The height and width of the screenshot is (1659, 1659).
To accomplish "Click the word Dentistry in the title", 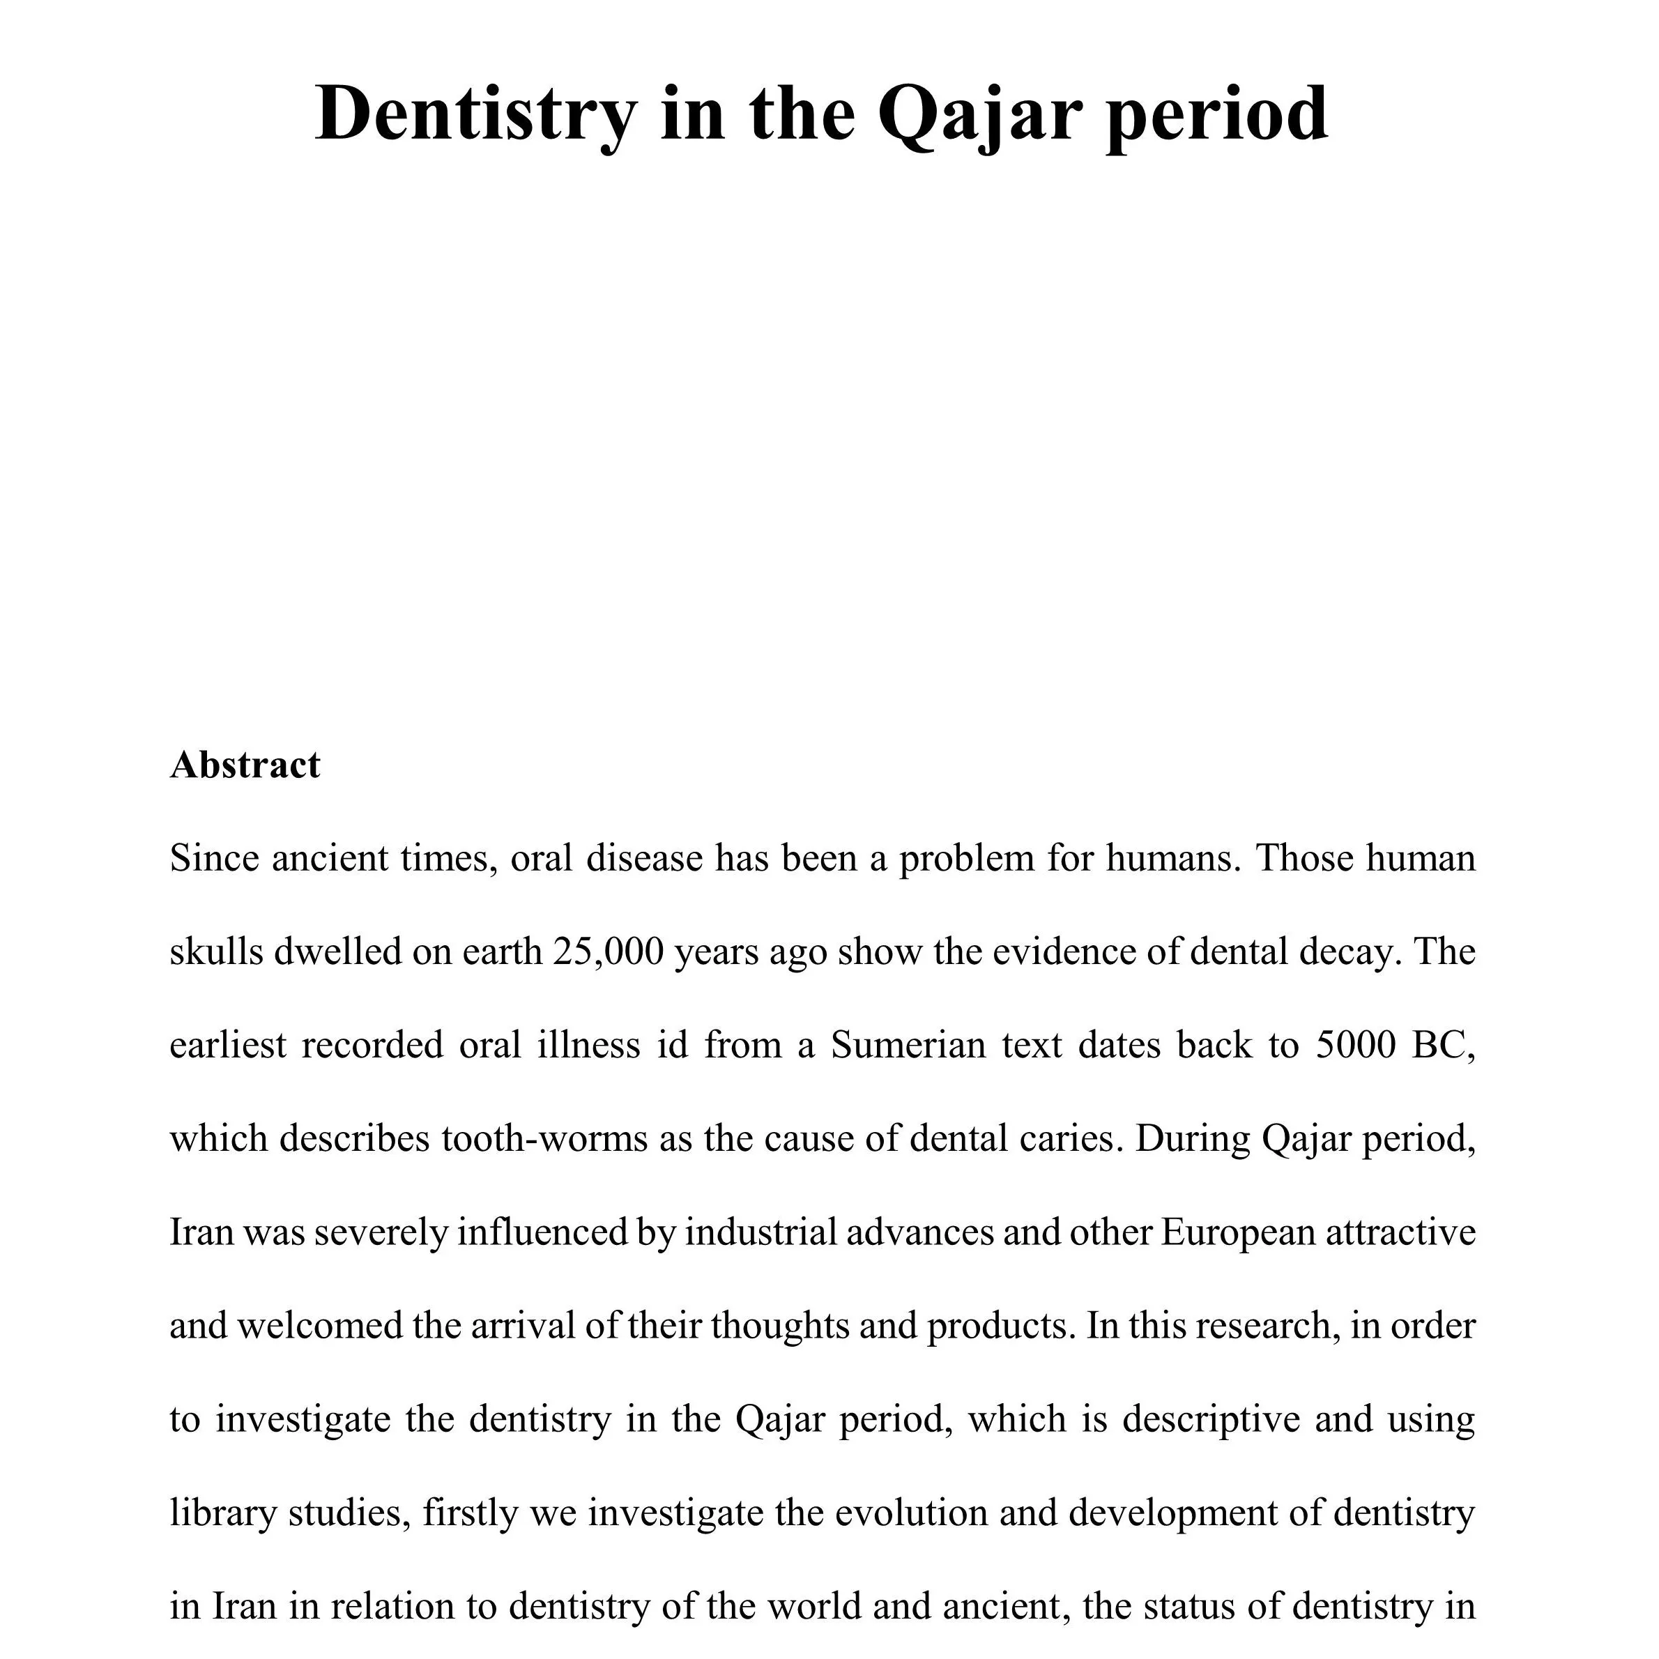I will click(x=477, y=114).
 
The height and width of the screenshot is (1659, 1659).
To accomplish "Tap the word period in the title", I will click(x=1217, y=114).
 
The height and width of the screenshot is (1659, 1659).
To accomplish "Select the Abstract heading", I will click(x=245, y=765).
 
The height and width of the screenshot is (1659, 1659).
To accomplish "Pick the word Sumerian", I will click(x=908, y=1045).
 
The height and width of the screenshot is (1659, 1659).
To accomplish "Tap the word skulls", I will click(x=215, y=951).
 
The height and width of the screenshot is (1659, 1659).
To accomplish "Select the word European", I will click(x=1238, y=1232).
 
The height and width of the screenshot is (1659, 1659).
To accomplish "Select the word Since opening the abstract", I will click(x=214, y=858).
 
